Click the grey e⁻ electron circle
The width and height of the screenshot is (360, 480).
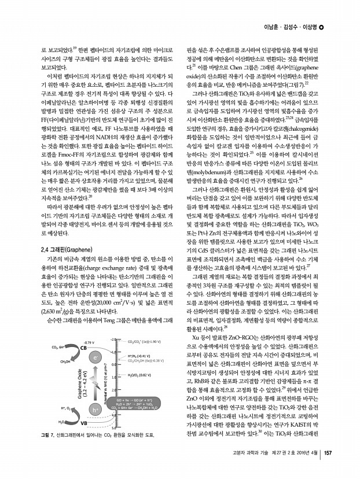pyautogui.click(x=94, y=358)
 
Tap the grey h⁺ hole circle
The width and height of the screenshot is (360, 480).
pyautogui.click(x=94, y=410)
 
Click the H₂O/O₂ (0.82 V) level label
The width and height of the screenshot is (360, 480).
pyautogui.click(x=146, y=375)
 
